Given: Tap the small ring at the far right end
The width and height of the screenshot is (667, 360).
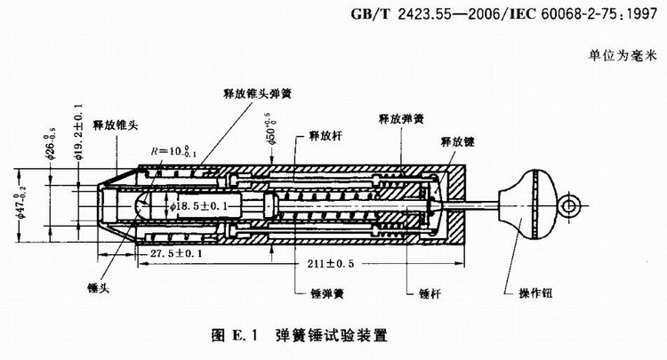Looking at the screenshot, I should point(571,207).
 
